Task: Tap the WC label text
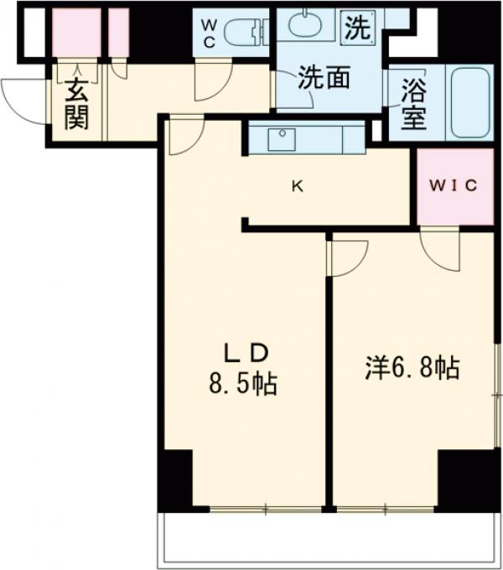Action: point(209,33)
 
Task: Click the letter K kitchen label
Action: point(297,187)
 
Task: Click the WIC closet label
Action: point(455,186)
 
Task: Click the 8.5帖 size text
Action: point(243,385)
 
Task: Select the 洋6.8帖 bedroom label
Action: point(412,368)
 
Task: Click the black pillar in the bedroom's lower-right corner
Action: point(467,479)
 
